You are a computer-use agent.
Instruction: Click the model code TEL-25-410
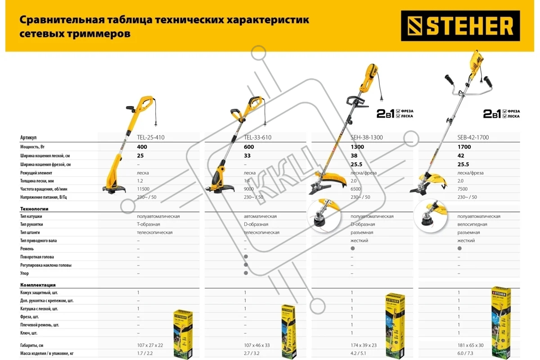tap(151, 137)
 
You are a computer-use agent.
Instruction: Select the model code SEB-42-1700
tap(473, 137)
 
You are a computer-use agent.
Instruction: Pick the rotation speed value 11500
tap(144, 189)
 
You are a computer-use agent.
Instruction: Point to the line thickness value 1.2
tap(140, 181)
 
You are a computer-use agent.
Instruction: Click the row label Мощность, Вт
tap(36, 147)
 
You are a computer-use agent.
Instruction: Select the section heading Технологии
tap(34, 209)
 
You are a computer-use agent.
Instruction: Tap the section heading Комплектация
tap(38, 285)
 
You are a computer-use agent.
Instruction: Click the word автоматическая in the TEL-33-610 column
tap(260, 216)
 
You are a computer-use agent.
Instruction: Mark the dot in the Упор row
tap(246, 273)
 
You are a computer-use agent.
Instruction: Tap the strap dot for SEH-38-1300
tap(353, 248)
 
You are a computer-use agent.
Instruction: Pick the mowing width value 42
tap(461, 156)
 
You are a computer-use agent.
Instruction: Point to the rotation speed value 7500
tap(463, 189)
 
